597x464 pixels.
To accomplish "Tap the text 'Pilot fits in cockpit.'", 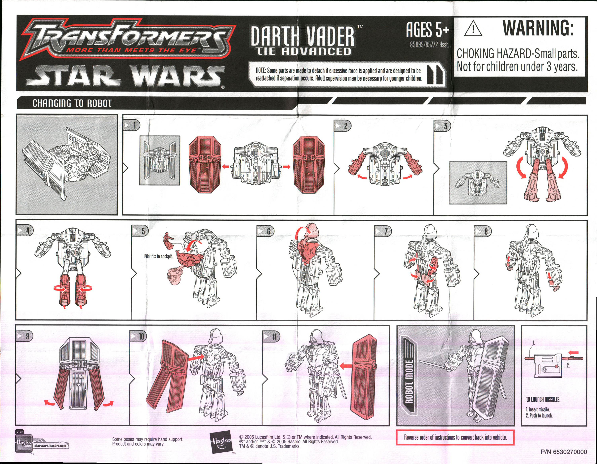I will coord(158,256).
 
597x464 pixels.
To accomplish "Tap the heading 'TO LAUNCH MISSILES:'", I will coord(543,400).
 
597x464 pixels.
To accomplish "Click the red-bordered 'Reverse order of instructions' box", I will coord(455,437).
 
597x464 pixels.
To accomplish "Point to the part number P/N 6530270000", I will coord(563,452).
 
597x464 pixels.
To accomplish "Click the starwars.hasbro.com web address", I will coord(50,446).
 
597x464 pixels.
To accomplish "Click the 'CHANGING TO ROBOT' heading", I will coord(72,103).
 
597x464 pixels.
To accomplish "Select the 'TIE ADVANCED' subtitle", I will coord(303,51).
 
